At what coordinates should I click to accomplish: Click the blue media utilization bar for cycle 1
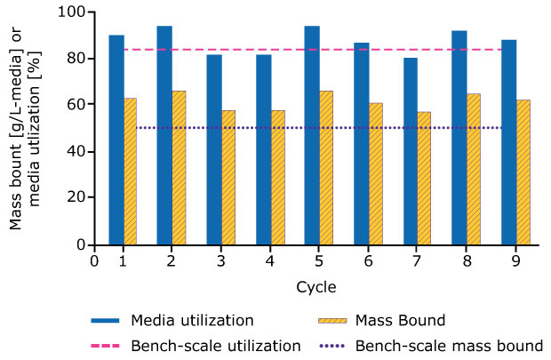click(x=116, y=140)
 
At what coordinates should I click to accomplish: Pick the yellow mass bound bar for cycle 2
click(x=179, y=167)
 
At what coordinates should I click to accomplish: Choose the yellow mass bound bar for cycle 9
click(x=523, y=172)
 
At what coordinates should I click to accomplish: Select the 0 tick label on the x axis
click(x=94, y=260)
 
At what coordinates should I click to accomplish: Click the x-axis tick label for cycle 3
click(x=220, y=260)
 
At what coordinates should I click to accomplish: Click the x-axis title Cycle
click(x=315, y=286)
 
